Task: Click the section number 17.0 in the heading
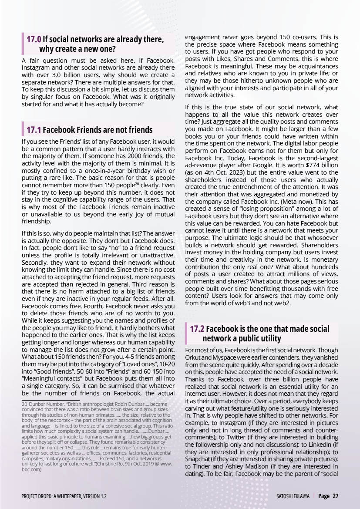[x=34, y=40]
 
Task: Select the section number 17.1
[x=34, y=130]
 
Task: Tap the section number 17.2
[x=197, y=329]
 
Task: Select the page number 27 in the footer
[x=336, y=496]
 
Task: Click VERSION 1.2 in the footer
[x=94, y=496]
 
